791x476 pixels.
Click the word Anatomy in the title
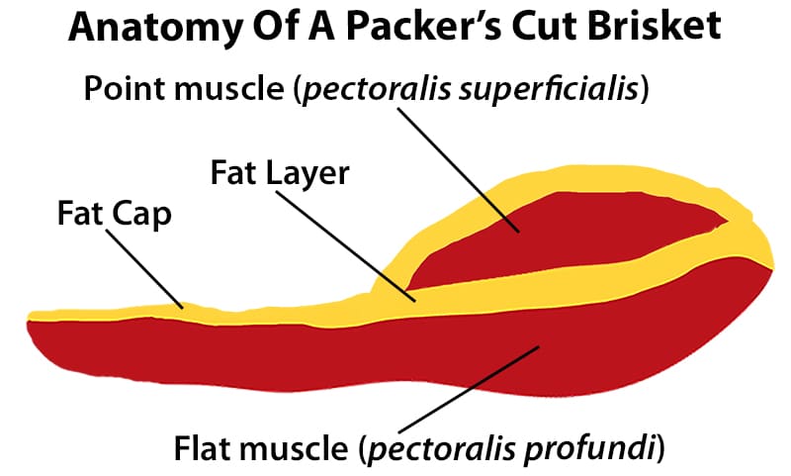pyautogui.click(x=155, y=28)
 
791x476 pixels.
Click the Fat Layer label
pyautogui.click(x=280, y=174)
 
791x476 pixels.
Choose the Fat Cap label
pyautogui.click(x=115, y=214)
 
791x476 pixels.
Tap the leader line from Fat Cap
pyautogui.click(x=144, y=269)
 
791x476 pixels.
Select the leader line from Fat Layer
pyautogui.click(x=346, y=246)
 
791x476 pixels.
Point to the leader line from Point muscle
pyautogui.click(x=459, y=169)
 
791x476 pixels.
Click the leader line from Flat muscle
pyautogui.click(x=469, y=390)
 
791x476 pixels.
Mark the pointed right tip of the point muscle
pyautogui.click(x=727, y=220)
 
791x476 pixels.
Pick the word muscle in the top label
pyautogui.click(x=230, y=89)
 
